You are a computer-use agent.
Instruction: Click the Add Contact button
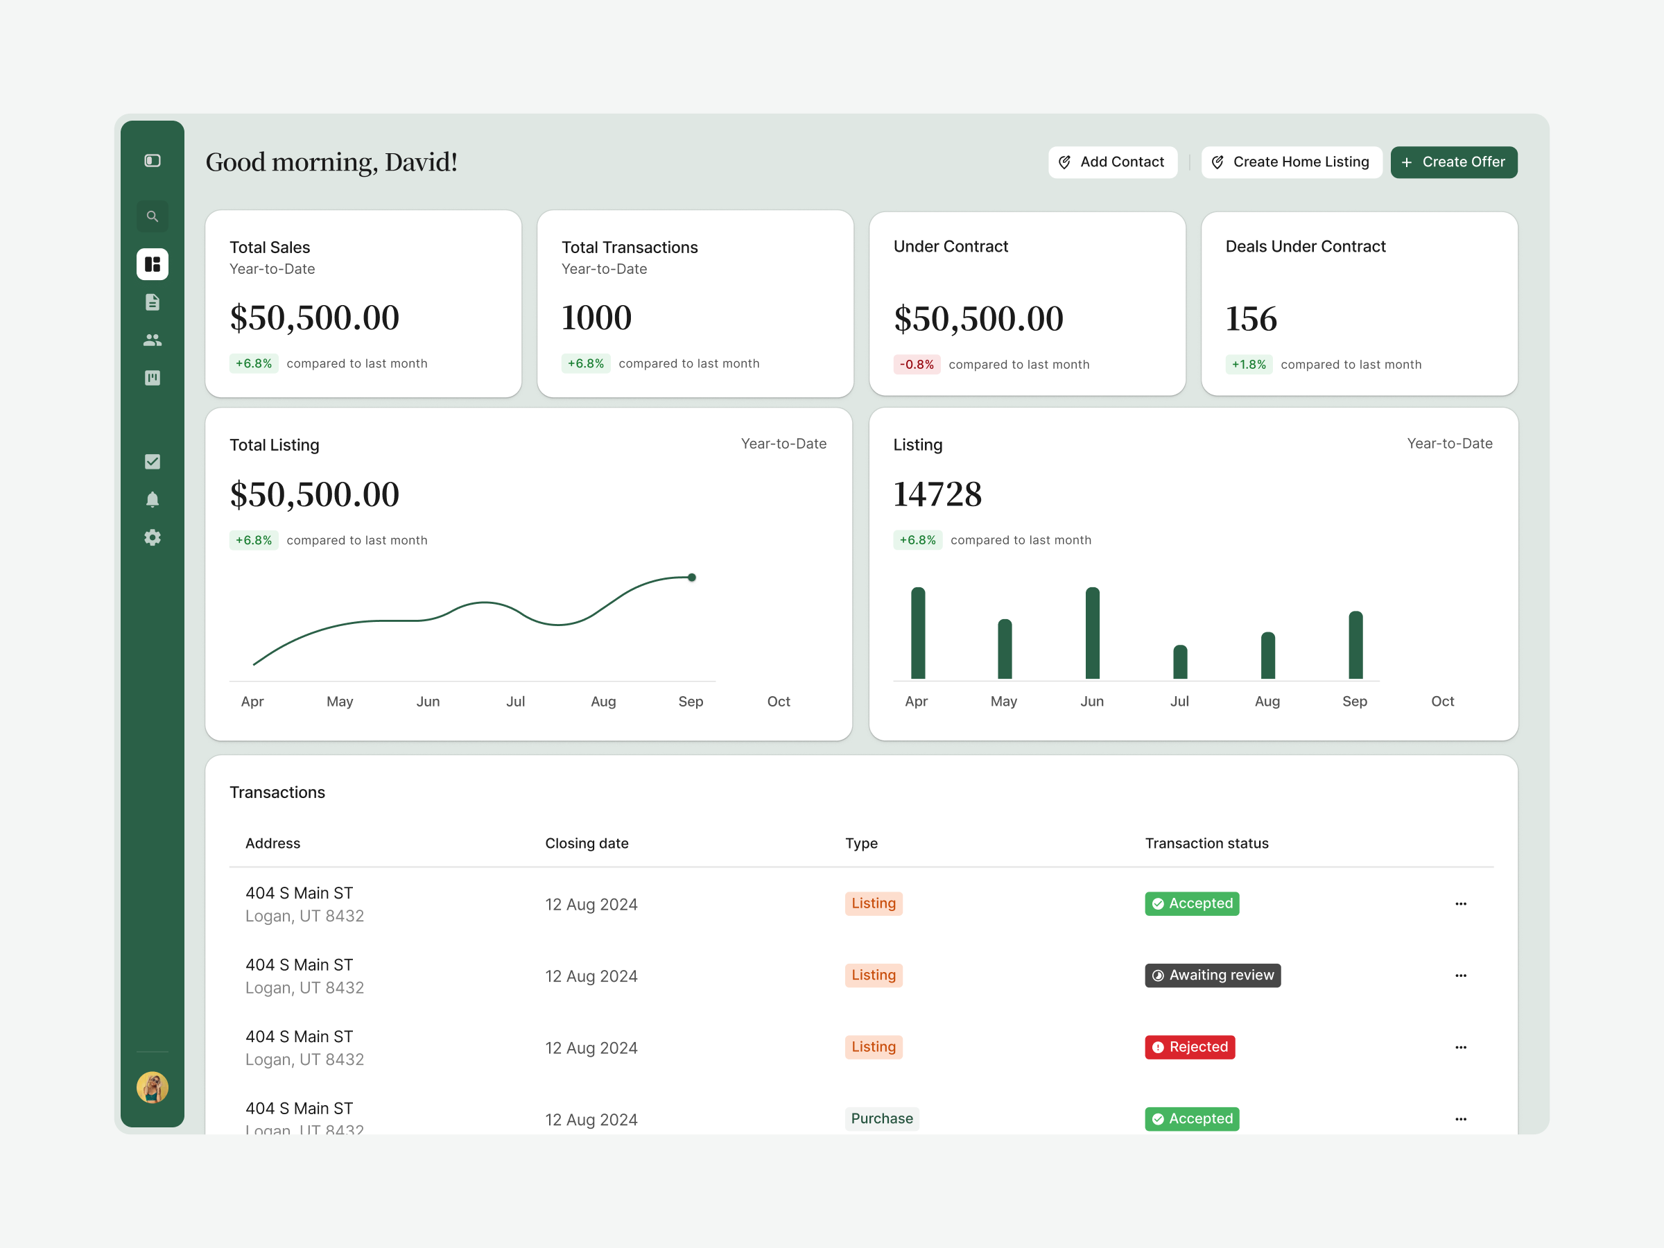[x=1112, y=162]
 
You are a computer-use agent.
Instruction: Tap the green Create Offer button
[x=1453, y=162]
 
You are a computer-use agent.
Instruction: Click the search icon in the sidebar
[x=152, y=216]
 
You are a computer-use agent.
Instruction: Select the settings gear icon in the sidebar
[x=152, y=537]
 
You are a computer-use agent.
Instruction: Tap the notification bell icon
[x=152, y=499]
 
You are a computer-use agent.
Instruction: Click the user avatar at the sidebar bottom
[x=152, y=1087]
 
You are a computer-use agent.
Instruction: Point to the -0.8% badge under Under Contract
[x=917, y=364]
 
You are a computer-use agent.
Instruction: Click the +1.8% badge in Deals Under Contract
[x=1249, y=364]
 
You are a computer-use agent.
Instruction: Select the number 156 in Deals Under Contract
[x=1251, y=319]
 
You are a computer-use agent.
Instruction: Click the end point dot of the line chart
[x=691, y=578]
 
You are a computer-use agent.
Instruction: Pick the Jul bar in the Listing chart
[x=1179, y=662]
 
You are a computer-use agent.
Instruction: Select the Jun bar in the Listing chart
[x=1092, y=632]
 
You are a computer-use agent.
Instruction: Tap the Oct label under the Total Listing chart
[x=779, y=701]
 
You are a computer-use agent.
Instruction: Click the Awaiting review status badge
[x=1213, y=975]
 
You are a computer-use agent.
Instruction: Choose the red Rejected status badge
[x=1189, y=1047]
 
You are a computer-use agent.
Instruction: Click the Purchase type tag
[x=882, y=1118]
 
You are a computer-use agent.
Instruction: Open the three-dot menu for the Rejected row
[x=1460, y=1047]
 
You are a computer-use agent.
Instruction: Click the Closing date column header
[x=587, y=843]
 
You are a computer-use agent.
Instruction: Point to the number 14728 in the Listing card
[x=937, y=494]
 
